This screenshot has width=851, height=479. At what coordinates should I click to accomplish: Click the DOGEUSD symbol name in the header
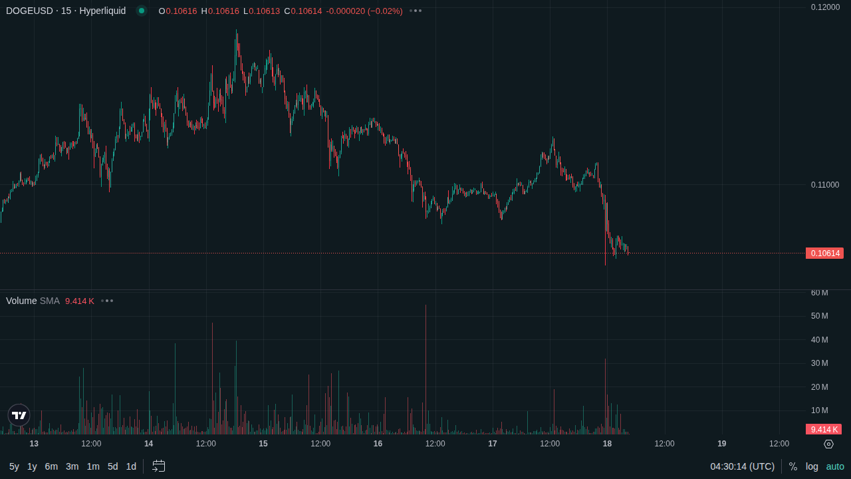coord(29,11)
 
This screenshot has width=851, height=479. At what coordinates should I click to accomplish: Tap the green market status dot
coord(142,11)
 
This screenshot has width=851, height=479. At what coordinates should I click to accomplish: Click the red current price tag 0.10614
coord(824,253)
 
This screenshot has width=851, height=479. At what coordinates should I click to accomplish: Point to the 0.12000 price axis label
coord(825,7)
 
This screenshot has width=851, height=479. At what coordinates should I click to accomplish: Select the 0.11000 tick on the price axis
coord(825,185)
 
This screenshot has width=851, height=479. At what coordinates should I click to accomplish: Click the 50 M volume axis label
coord(820,316)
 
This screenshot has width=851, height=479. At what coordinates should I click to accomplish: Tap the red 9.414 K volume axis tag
coord(824,430)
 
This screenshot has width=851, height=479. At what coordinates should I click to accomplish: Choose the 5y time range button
coord(14,466)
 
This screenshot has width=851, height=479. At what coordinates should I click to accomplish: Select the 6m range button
coord(51,466)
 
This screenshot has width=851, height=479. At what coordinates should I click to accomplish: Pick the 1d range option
coord(131,466)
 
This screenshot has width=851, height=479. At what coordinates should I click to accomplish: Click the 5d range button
coord(112,466)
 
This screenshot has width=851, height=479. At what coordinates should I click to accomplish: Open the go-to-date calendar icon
coord(158,466)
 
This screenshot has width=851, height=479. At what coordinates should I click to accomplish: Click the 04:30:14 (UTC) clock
coord(743,466)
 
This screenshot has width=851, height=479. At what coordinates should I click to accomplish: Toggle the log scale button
coord(812,466)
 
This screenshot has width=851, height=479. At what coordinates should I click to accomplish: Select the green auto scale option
coord(835,466)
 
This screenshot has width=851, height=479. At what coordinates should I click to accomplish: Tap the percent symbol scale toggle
coord(793,466)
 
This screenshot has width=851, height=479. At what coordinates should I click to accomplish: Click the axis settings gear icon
coord(828,444)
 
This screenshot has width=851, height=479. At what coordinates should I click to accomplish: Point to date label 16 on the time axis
coord(378,444)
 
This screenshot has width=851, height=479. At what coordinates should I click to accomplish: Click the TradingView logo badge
coord(19,415)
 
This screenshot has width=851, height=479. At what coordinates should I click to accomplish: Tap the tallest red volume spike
coord(426,369)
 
